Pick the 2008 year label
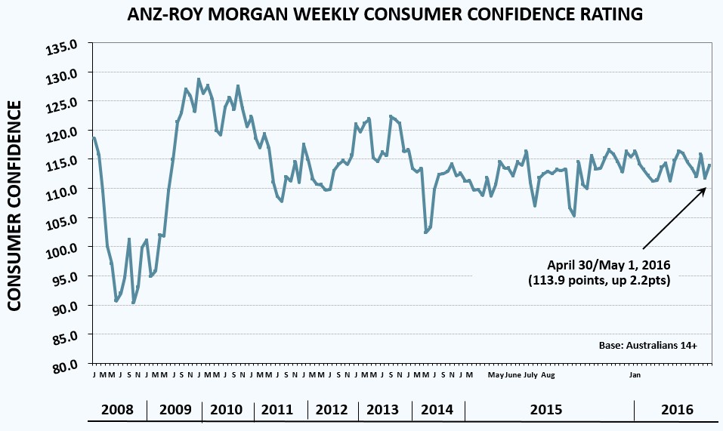tap(116, 410)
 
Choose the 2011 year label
tap(278, 410)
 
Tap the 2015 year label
tap(546, 410)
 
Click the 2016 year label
tap(676, 410)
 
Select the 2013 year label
tap(382, 410)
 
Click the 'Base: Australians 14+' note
tap(647, 346)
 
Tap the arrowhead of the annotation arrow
tap(704, 189)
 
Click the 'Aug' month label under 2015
tap(548, 374)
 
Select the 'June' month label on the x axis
tap(513, 374)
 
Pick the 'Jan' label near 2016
tap(635, 374)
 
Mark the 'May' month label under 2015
tap(496, 374)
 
